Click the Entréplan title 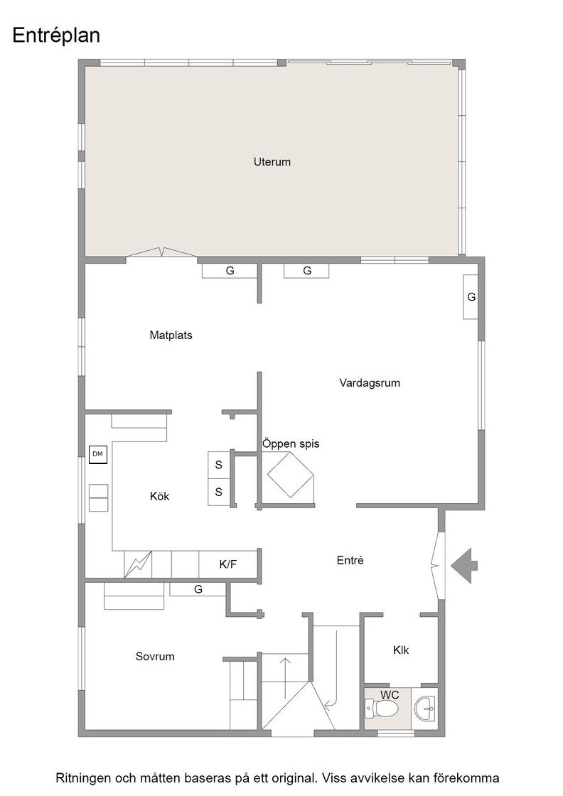coord(56,36)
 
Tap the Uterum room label coord(272,162)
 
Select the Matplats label coord(171,335)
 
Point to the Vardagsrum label coord(370,383)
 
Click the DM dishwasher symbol coord(97,454)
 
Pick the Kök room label coord(159,496)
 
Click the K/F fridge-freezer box coord(228,564)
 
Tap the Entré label coord(350,561)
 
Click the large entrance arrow coord(464,566)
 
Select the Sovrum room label coord(155,657)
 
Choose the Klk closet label coord(400,650)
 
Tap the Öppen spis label coord(291,443)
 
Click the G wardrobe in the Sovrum coord(198,589)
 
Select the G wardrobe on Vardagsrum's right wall coord(471,297)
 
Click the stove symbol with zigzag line coord(138,564)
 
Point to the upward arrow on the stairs coord(285,678)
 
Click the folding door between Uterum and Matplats coord(161,252)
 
